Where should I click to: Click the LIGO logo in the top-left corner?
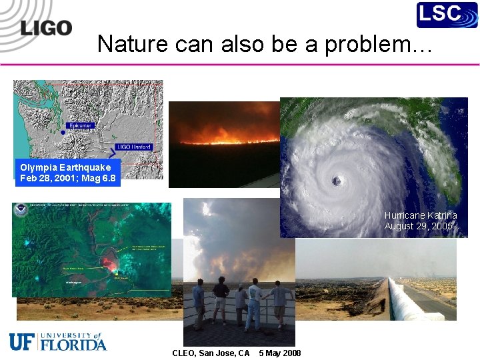point(45,28)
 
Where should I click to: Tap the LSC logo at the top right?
point(447,15)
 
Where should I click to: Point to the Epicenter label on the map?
point(81,125)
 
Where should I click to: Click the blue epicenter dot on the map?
point(63,132)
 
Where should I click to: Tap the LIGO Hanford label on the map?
point(134,147)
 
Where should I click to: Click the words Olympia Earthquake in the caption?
point(65,167)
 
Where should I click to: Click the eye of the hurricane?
point(338,181)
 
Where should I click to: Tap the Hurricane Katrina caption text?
point(420,215)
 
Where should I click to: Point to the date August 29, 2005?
point(418,226)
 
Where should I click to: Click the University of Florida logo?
point(58,341)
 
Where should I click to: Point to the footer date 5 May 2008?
point(279,353)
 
